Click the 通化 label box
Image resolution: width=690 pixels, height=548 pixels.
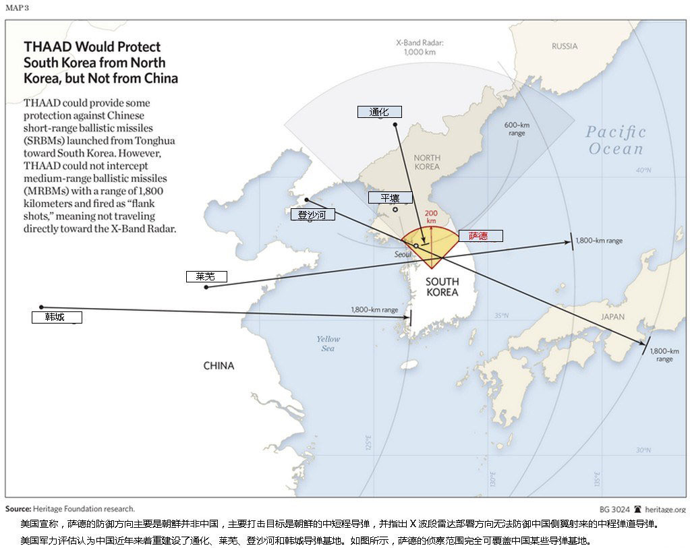(x=380, y=112)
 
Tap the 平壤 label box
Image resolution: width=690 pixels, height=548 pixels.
(x=390, y=197)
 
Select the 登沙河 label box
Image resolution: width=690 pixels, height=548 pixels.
(x=312, y=215)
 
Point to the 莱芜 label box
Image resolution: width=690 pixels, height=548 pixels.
(x=206, y=276)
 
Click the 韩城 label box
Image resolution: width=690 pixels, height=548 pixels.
(x=57, y=317)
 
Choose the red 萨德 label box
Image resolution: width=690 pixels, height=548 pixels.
(x=481, y=236)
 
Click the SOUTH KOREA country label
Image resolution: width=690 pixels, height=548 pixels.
(x=442, y=286)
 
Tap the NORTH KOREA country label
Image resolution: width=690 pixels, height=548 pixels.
(x=426, y=162)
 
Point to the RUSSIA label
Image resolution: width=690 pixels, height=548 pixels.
(x=564, y=47)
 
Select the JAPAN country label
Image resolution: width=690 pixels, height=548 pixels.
(x=612, y=317)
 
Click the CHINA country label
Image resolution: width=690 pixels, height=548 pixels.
(x=219, y=366)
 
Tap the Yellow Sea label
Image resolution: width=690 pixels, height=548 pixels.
(x=328, y=344)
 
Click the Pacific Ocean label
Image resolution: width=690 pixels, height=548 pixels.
(x=615, y=140)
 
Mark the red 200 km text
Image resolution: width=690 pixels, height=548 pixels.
(x=431, y=216)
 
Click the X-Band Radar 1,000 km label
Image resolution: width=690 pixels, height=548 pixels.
(x=420, y=47)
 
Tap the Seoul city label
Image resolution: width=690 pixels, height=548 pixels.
(x=403, y=255)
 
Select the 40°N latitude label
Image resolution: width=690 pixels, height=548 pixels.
(x=643, y=171)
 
